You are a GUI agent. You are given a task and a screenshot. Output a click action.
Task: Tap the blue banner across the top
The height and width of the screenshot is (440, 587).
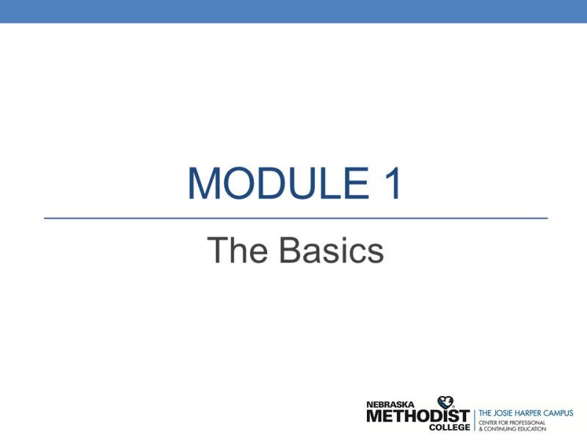click(x=293, y=11)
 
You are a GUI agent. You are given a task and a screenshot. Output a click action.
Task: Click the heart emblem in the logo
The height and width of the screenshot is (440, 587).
click(x=445, y=403)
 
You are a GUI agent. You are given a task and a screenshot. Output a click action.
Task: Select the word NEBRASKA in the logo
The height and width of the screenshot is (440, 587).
click(x=390, y=404)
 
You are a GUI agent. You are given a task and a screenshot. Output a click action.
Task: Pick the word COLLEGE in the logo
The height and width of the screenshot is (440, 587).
click(x=449, y=428)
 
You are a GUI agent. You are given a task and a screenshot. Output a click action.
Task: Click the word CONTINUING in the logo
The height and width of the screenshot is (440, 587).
click(x=501, y=429)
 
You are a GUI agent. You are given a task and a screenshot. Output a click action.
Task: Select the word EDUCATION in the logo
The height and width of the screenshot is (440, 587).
click(x=533, y=429)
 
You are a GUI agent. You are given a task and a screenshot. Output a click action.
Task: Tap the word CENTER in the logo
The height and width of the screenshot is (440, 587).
click(x=490, y=422)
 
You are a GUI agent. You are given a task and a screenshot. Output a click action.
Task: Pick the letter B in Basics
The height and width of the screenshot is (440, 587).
click(x=290, y=250)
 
